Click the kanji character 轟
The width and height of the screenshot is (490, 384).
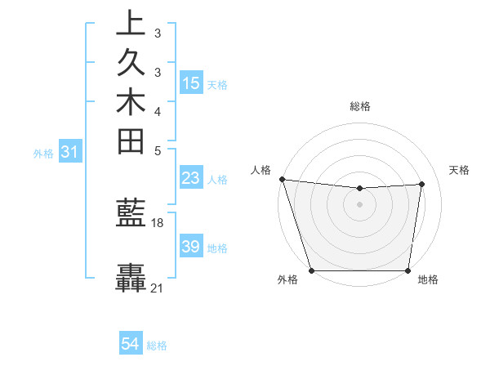131,278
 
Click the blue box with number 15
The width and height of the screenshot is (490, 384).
191,83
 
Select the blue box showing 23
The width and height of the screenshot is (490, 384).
191,179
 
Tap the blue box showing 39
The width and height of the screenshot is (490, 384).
191,247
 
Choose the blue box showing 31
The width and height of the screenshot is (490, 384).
70,151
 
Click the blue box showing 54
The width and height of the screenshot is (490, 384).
131,344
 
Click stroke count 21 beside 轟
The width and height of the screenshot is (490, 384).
158,288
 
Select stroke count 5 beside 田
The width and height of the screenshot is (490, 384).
157,150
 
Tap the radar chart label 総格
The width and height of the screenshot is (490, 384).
359,106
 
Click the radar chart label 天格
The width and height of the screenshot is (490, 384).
459,170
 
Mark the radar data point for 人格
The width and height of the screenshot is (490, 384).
282,179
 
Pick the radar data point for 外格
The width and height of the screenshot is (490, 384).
312,270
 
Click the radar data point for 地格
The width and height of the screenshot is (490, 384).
408,270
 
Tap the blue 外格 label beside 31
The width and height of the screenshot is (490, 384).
43,152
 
